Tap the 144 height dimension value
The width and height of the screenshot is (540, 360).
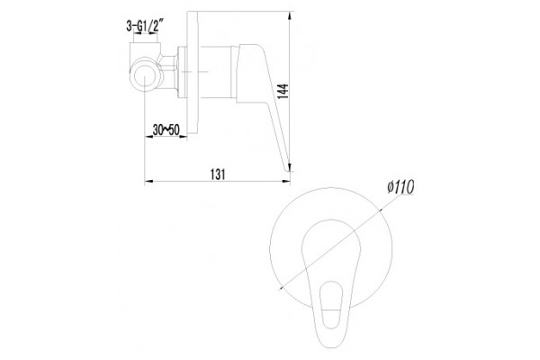(x=283, y=91)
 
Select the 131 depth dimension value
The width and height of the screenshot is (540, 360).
(x=218, y=175)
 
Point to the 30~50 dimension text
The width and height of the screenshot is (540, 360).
(x=166, y=130)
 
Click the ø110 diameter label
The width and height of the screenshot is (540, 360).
(x=400, y=187)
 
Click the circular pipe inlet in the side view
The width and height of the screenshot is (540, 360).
(x=145, y=76)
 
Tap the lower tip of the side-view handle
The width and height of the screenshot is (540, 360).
(x=288, y=169)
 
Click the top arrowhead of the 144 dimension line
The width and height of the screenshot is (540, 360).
(x=290, y=15)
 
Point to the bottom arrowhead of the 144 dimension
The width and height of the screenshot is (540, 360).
(x=290, y=167)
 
